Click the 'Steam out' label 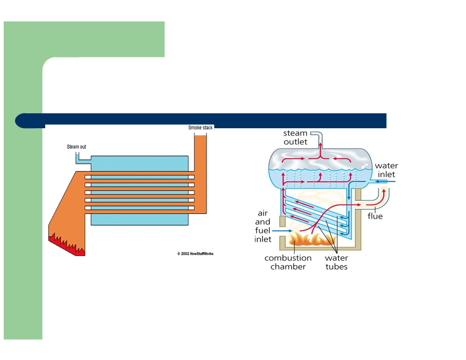(x=76, y=147)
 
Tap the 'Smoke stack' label (x=200, y=128)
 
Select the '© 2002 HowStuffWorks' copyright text (x=195, y=254)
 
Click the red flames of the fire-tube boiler (x=68, y=245)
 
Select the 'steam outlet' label (x=295, y=138)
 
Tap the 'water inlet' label (x=386, y=170)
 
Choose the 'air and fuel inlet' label (x=263, y=226)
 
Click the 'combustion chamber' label (x=288, y=262)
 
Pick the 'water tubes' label (x=336, y=262)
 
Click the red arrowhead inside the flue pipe (x=384, y=191)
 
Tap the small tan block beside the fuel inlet (x=282, y=222)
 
